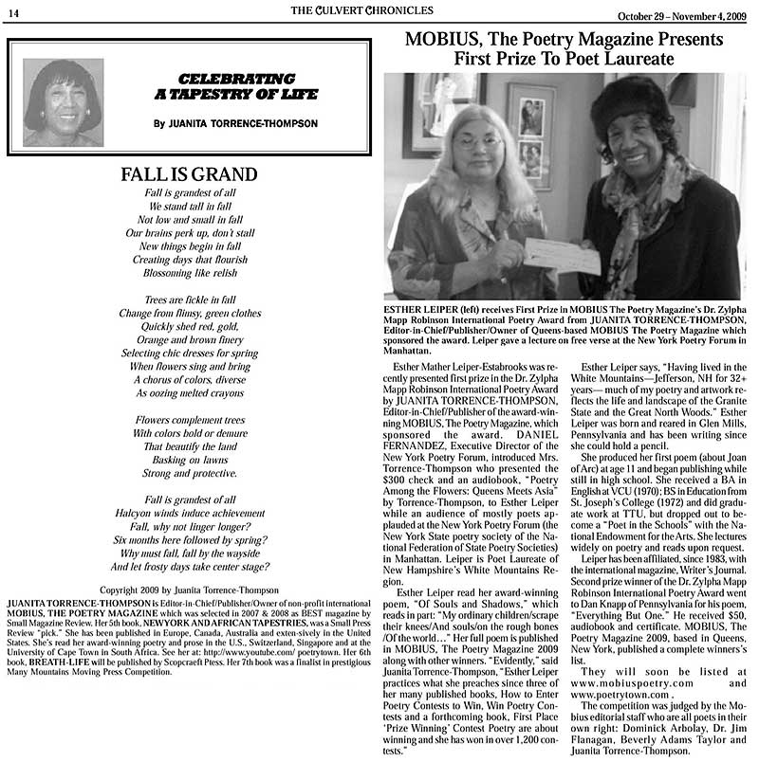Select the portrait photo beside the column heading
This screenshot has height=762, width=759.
[x=63, y=102]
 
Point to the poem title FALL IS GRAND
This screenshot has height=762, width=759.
[x=189, y=174]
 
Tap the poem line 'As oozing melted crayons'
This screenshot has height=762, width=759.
[x=189, y=392]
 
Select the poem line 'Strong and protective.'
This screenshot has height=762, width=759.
[x=189, y=472]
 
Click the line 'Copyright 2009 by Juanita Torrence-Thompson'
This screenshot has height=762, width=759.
[x=189, y=590]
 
